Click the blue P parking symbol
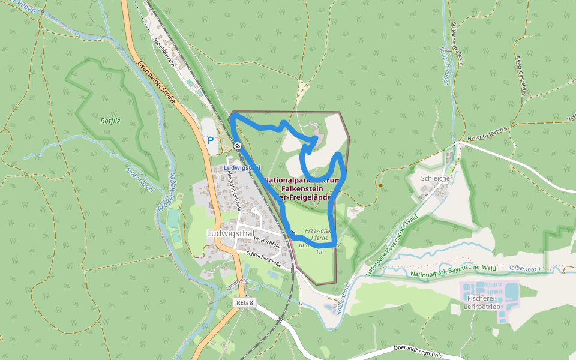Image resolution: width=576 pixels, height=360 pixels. [211, 140]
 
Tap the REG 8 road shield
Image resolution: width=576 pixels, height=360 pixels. [245, 303]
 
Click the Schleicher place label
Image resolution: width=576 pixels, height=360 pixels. [437, 178]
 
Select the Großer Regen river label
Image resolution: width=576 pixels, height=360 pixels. [169, 193]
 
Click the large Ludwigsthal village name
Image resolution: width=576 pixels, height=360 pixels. [231, 233]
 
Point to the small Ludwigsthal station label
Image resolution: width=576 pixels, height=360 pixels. [242, 167]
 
